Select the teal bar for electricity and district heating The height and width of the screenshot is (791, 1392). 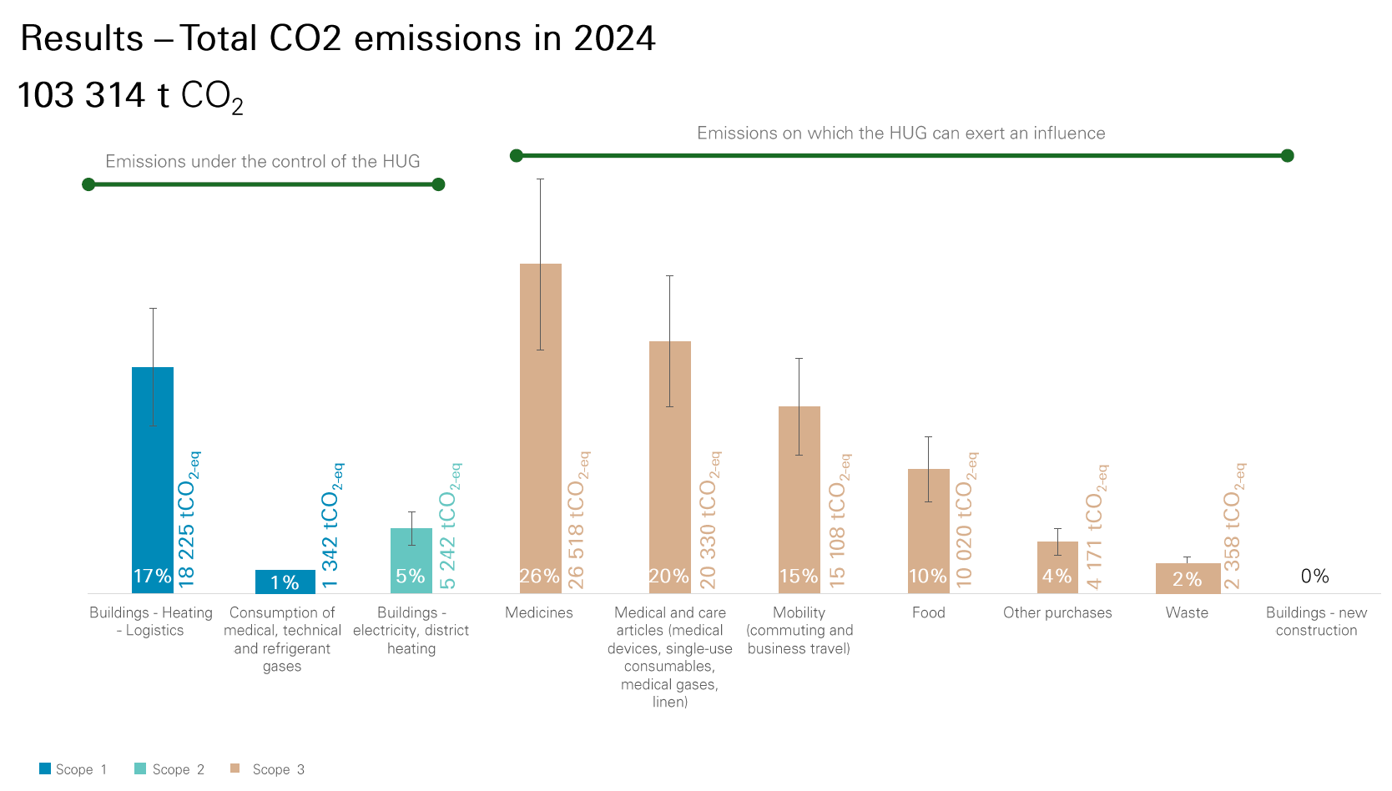pyautogui.click(x=411, y=560)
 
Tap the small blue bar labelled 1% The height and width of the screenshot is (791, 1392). pyautogui.click(x=285, y=582)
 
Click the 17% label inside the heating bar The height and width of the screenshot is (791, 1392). pyautogui.click(x=152, y=576)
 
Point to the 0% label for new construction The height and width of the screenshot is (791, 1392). pyautogui.click(x=1314, y=576)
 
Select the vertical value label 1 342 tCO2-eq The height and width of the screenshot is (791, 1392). pyautogui.click(x=331, y=526)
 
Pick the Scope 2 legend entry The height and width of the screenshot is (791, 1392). pyautogui.click(x=169, y=769)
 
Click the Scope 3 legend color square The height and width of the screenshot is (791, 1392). pyautogui.click(x=235, y=768)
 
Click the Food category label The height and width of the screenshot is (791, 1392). pyautogui.click(x=928, y=612)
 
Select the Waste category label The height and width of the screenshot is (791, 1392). pyautogui.click(x=1186, y=612)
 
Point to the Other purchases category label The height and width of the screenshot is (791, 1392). pyautogui.click(x=1057, y=612)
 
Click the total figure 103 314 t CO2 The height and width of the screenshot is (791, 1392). pyautogui.click(x=129, y=96)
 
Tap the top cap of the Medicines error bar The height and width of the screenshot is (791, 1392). pyautogui.click(x=540, y=179)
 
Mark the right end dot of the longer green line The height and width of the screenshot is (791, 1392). pyautogui.click(x=1287, y=155)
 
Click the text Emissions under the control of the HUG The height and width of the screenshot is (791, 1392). pyautogui.click(x=262, y=161)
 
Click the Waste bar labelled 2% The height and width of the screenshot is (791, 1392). pyautogui.click(x=1187, y=577)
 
